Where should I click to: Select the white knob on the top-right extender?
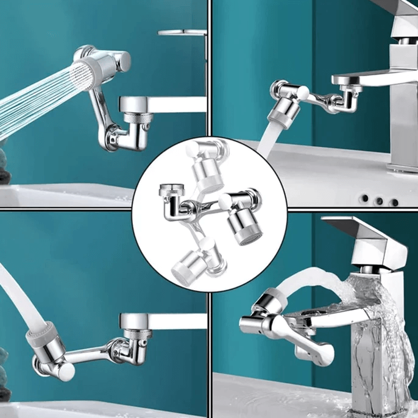point(302,93)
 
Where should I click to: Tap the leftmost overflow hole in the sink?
point(364,198)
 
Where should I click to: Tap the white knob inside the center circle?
point(225,202)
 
